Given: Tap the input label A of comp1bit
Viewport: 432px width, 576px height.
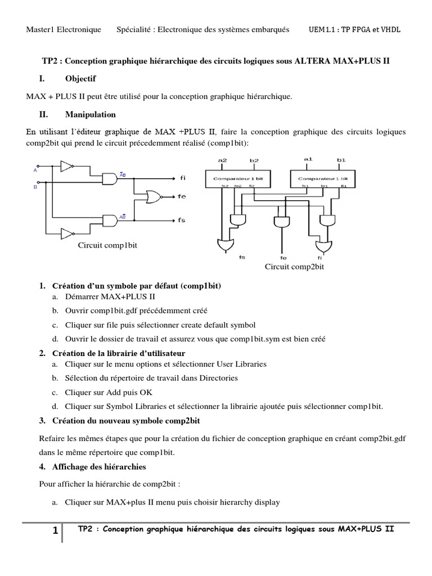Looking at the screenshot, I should click(x=35, y=169).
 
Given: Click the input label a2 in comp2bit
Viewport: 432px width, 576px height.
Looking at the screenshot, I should click(x=223, y=160).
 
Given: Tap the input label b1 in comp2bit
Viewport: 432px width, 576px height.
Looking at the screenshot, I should click(x=341, y=160).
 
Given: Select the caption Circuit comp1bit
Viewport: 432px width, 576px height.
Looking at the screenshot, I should click(x=108, y=246).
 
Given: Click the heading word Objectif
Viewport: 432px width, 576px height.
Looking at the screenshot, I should click(x=80, y=78).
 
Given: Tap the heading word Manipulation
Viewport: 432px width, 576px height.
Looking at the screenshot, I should click(x=91, y=114).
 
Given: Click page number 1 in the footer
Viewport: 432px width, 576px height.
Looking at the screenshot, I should click(x=55, y=531).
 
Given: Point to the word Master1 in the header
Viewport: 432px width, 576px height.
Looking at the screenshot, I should click(x=43, y=29).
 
